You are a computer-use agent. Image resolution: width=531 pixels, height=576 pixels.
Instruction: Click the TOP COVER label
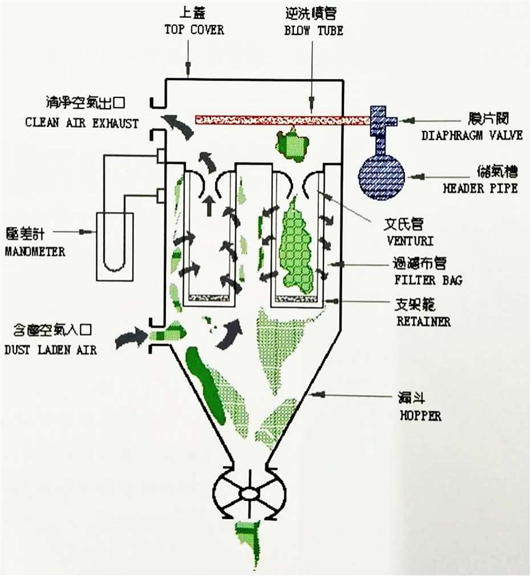click(193, 29)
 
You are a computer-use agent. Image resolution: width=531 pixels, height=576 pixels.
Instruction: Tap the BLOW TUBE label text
click(312, 29)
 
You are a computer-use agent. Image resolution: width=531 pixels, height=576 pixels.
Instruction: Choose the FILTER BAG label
click(427, 280)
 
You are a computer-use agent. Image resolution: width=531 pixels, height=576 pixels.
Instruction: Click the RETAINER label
click(423, 321)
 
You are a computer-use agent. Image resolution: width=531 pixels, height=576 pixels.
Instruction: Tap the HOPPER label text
click(419, 415)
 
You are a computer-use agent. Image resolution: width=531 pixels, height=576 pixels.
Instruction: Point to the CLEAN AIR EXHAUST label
click(82, 122)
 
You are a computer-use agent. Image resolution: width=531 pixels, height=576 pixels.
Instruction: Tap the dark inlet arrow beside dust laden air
click(130, 337)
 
